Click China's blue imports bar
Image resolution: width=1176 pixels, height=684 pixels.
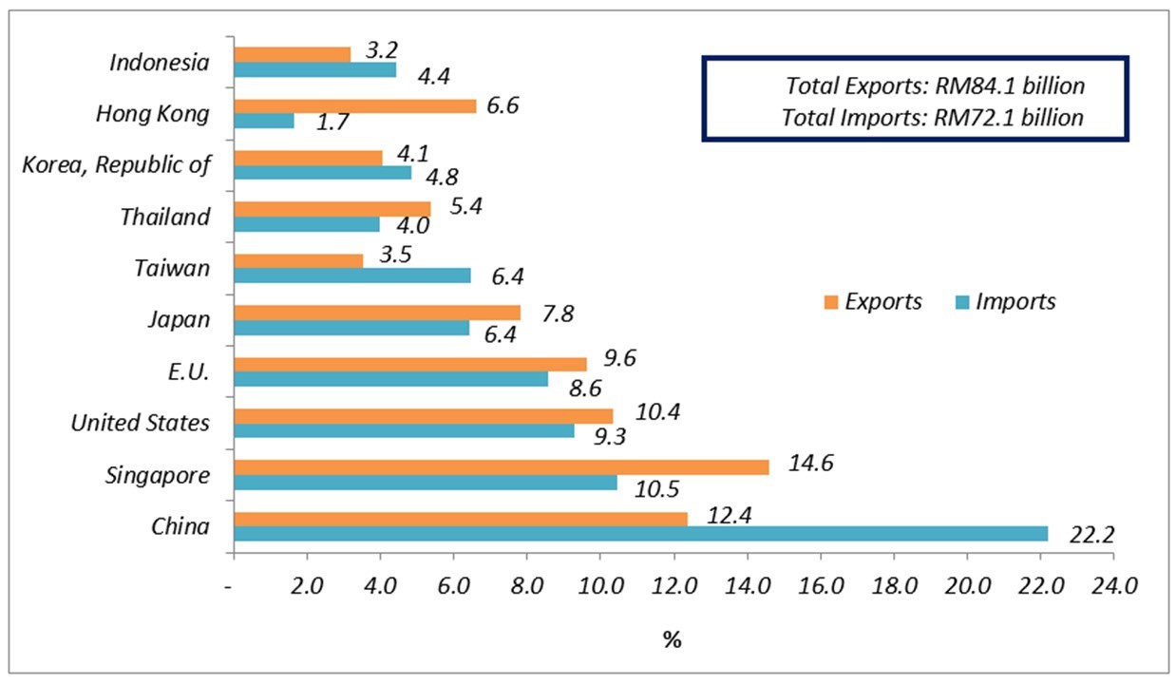pyautogui.click(x=640, y=534)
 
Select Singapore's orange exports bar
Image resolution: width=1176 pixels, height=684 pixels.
pyautogui.click(x=501, y=466)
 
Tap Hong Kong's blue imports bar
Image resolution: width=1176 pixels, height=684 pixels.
pyautogui.click(x=264, y=121)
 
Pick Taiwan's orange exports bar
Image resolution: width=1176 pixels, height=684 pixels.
pyautogui.click(x=298, y=260)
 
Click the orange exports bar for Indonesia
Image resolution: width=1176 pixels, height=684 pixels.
pyautogui.click(x=292, y=54)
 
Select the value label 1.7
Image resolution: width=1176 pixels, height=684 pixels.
pyautogui.click(x=334, y=123)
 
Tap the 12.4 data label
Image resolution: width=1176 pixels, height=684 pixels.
pyautogui.click(x=727, y=514)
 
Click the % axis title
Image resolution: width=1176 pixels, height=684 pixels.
pyautogui.click(x=672, y=640)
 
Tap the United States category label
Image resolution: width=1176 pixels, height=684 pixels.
pyautogui.click(x=141, y=423)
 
